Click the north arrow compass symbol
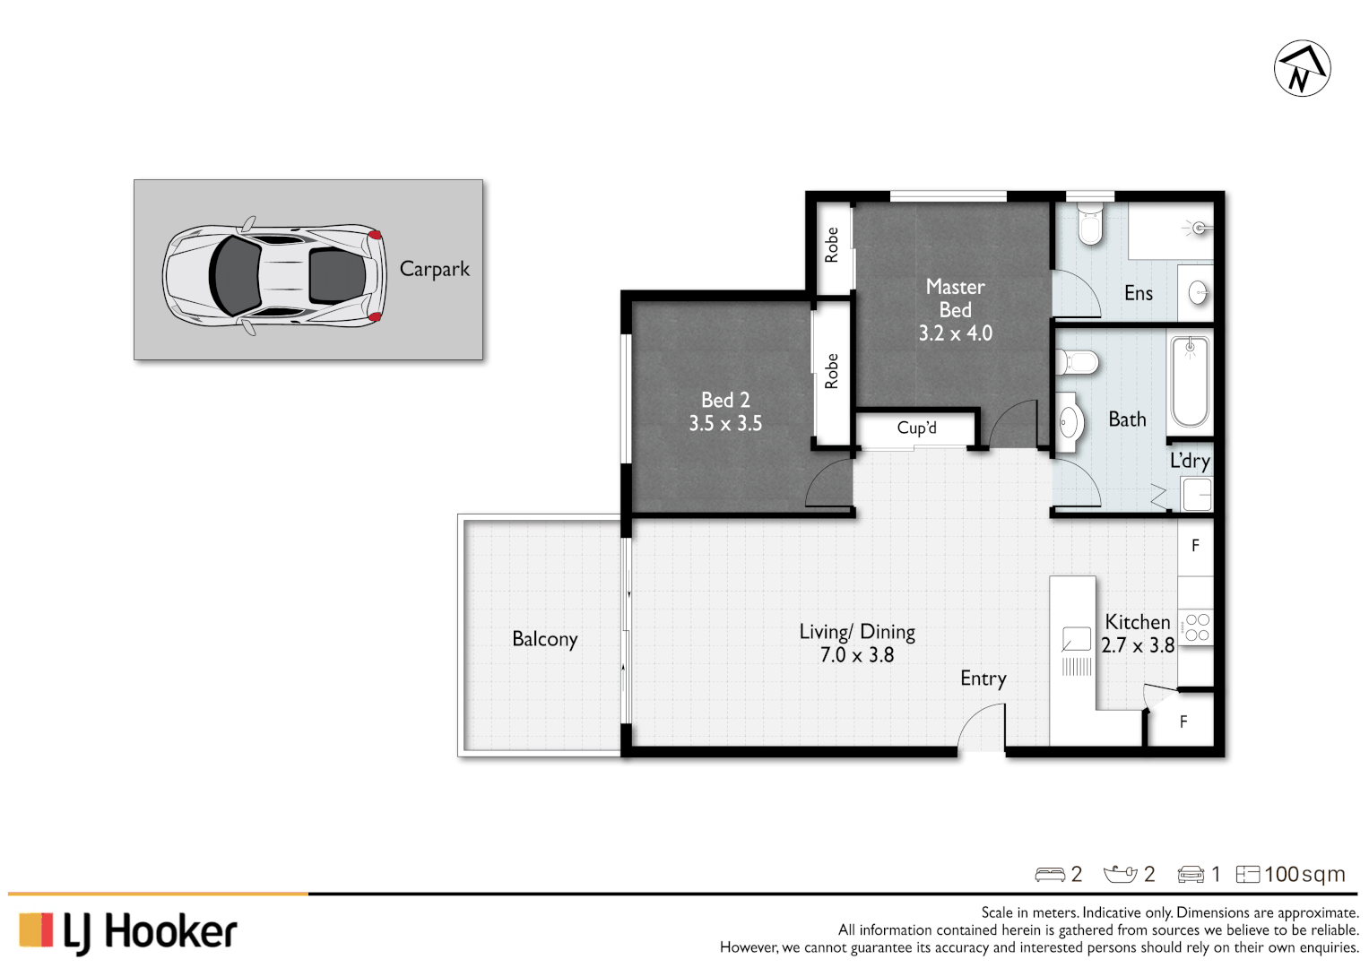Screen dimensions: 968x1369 click(1302, 68)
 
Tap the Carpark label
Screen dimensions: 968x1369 click(434, 269)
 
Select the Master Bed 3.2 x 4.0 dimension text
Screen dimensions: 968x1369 click(955, 333)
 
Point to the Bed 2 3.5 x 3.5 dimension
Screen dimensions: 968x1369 click(725, 424)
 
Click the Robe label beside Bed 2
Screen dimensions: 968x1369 click(831, 371)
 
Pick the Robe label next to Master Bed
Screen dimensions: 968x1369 click(831, 245)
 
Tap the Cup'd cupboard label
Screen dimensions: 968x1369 click(916, 428)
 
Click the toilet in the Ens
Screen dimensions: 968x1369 click(1089, 224)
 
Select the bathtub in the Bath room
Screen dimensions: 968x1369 click(1190, 381)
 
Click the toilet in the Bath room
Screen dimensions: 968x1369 click(1077, 363)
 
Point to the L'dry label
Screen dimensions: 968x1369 click(1190, 462)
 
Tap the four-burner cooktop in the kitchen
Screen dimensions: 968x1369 click(1197, 627)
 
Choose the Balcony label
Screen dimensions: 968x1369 click(544, 639)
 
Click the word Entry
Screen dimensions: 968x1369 click(983, 678)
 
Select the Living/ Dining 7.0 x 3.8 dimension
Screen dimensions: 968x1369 click(857, 655)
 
